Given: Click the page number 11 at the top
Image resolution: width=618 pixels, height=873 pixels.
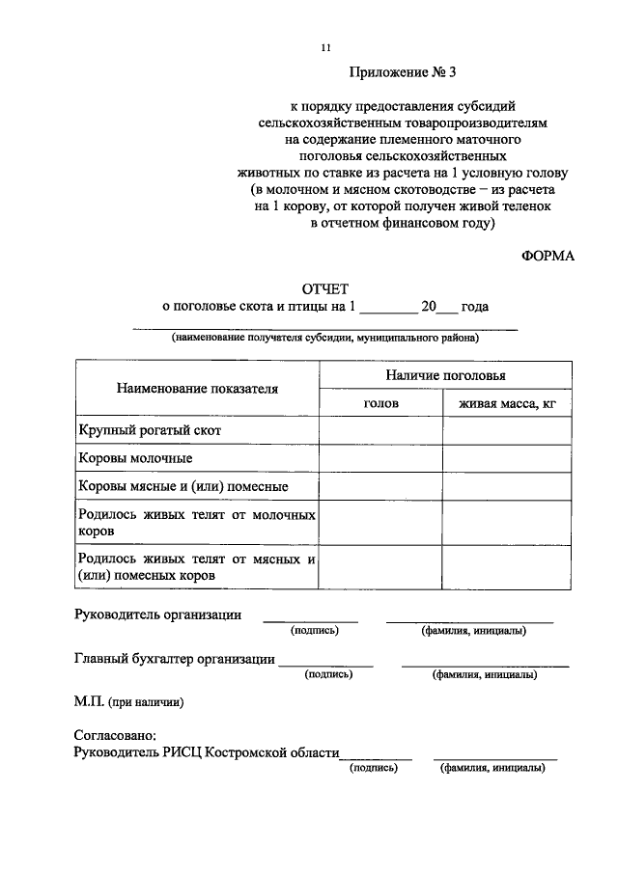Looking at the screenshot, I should [325, 47].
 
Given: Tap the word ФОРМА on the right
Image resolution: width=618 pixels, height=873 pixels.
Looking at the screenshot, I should [548, 256].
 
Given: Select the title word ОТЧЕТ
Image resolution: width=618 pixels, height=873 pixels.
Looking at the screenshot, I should [324, 288].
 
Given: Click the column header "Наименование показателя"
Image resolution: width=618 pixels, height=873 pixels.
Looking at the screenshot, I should [197, 389].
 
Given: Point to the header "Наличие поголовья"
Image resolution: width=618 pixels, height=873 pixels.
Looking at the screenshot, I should [444, 375].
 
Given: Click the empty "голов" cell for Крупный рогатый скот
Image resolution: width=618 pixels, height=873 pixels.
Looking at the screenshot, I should [380, 430].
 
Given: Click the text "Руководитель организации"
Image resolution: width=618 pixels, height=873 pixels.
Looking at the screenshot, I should [157, 614].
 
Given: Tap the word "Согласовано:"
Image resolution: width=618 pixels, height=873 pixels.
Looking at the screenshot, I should [114, 735].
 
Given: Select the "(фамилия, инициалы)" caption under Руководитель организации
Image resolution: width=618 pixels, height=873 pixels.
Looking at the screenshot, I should [473, 631].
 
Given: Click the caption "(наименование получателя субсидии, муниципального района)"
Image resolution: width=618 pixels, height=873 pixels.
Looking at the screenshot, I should [325, 339].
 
